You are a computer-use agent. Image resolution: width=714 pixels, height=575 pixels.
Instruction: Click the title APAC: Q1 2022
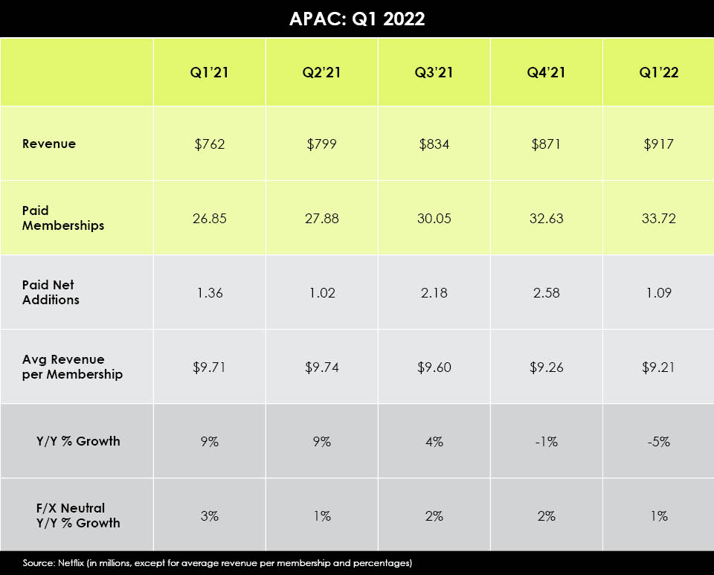[x=357, y=19]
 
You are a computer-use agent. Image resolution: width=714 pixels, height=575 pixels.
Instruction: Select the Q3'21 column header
[x=434, y=72]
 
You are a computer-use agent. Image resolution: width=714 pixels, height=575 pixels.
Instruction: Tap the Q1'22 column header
[x=658, y=72]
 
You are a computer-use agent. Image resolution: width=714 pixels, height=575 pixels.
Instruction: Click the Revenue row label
[x=49, y=144]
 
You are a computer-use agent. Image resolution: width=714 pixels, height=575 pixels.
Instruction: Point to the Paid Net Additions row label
[x=49, y=292]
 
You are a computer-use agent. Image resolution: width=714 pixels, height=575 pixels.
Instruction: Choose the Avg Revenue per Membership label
[x=72, y=367]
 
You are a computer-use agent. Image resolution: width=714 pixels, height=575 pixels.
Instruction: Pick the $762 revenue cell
[x=210, y=144]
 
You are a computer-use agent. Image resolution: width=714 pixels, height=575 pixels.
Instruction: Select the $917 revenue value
[x=658, y=144]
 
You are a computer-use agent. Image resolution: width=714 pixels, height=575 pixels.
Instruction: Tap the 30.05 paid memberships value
[x=434, y=219]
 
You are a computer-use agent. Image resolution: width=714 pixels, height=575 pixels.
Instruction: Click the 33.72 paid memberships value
[x=658, y=219]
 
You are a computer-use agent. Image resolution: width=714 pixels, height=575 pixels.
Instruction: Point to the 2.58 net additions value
[x=546, y=292]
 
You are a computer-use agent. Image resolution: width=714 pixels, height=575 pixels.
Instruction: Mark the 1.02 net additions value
[x=322, y=292]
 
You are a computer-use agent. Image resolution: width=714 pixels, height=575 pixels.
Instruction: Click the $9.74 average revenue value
[x=322, y=367]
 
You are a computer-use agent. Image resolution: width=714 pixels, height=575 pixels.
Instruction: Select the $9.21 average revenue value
[x=658, y=367]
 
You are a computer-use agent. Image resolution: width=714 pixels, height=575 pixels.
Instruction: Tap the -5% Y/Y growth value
[x=658, y=441]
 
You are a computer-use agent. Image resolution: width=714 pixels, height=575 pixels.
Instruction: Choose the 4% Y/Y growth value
[x=434, y=441]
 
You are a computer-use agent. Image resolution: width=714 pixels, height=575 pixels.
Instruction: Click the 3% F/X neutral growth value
[x=210, y=515]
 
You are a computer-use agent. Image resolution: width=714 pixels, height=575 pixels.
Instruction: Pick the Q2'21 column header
[x=322, y=72]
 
